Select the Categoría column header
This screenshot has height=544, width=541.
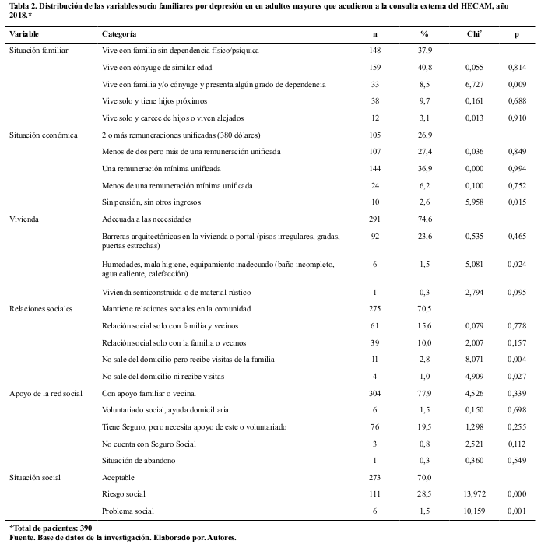[119, 34]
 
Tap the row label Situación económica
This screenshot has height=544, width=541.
[43, 134]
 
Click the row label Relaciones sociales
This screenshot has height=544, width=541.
[40, 308]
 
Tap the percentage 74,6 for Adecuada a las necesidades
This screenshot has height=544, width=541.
[425, 219]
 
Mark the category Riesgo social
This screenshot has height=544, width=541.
[125, 493]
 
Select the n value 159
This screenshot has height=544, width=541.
[375, 67]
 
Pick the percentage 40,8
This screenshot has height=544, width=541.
[425, 67]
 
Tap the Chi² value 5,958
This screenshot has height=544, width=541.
[473, 202]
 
